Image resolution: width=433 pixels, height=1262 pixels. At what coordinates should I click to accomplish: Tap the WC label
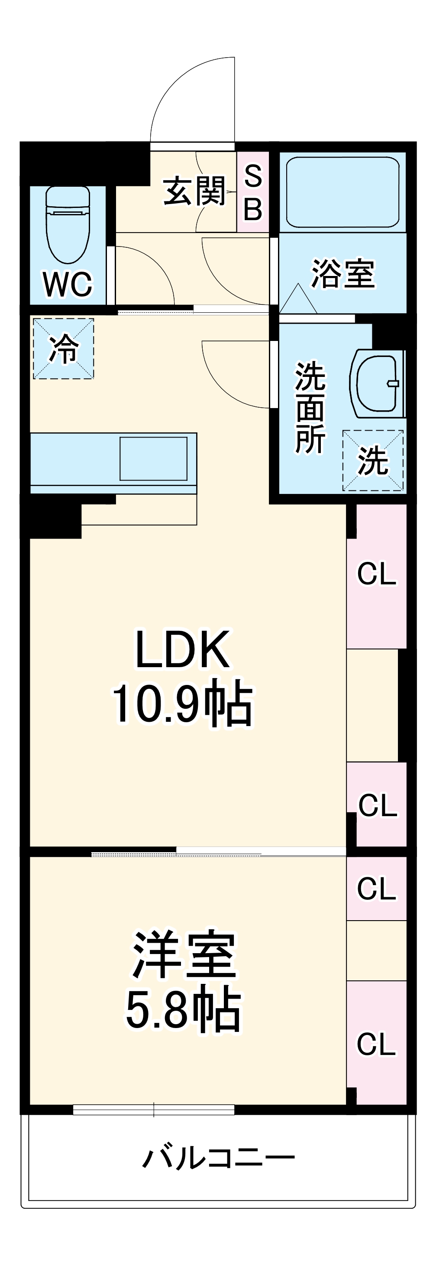[x=68, y=284]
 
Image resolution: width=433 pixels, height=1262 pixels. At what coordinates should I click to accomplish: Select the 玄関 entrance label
[x=194, y=191]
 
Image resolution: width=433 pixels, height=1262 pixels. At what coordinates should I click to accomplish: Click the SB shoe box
[x=253, y=192]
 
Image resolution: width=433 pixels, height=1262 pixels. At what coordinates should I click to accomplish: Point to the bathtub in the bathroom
[x=342, y=191]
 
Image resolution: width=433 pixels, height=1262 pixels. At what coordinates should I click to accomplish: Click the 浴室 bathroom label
[x=343, y=273]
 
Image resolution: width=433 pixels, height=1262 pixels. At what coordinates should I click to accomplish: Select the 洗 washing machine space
[x=373, y=461]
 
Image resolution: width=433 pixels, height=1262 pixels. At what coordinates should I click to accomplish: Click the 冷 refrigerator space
[x=63, y=348]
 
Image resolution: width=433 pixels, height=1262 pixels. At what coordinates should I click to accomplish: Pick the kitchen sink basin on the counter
[x=153, y=458]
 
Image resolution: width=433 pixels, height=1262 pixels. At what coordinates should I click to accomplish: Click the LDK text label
[x=182, y=649]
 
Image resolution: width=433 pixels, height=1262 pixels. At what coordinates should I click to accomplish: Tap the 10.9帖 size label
[x=182, y=704]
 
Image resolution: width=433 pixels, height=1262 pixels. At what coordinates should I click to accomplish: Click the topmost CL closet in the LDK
[x=376, y=574]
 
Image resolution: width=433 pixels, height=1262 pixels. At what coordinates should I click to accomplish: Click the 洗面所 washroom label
[x=310, y=408]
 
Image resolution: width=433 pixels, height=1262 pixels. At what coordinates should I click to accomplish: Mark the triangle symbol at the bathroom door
[x=298, y=299]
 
